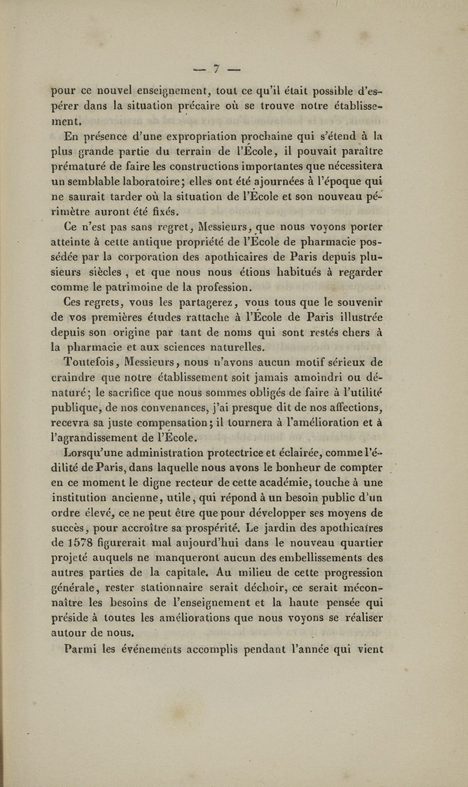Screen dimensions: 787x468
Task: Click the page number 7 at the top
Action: point(216,69)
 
